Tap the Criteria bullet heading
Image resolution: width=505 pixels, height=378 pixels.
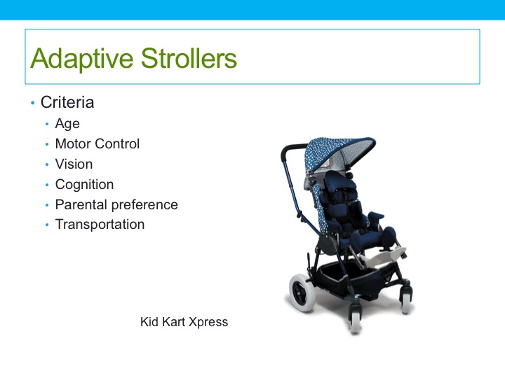(x=67, y=102)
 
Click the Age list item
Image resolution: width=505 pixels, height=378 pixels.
(x=67, y=124)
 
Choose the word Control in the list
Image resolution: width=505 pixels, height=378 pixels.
(x=117, y=144)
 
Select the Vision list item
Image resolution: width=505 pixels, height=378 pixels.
(x=74, y=164)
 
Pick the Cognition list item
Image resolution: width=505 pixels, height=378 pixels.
(x=84, y=185)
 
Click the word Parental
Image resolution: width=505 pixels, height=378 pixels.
(x=81, y=205)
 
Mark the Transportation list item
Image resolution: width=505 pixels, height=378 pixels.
(x=100, y=225)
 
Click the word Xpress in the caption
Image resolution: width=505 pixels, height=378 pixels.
(x=209, y=323)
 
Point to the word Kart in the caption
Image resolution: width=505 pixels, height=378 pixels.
(x=174, y=323)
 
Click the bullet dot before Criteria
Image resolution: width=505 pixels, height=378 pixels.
(x=32, y=104)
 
